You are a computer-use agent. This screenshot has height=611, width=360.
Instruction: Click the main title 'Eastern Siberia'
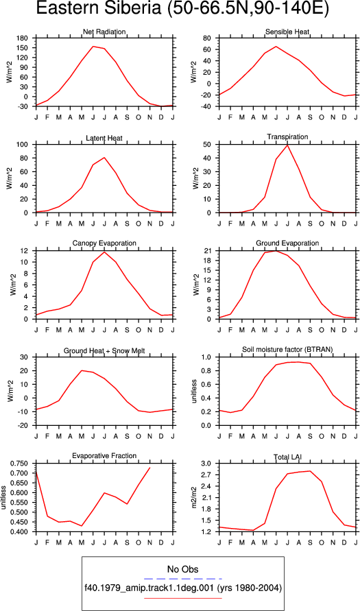pyautogui.click(x=97, y=10)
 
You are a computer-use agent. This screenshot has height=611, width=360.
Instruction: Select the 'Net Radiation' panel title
pyautogui.click(x=104, y=32)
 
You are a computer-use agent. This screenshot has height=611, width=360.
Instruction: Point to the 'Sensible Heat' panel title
pyautogui.click(x=287, y=32)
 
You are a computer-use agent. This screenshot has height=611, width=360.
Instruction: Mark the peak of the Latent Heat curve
pyautogui.click(x=104, y=158)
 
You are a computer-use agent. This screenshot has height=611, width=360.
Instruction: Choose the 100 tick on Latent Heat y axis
pyautogui.click(x=24, y=145)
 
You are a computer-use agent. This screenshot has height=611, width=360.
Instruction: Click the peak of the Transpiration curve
pyautogui.click(x=287, y=145)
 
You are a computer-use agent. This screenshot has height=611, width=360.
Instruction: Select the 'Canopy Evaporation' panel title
pyautogui.click(x=104, y=243)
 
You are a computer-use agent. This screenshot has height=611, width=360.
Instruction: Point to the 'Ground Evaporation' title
pyautogui.click(x=287, y=243)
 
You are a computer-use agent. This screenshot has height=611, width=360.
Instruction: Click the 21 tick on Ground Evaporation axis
pyautogui.click(x=208, y=251)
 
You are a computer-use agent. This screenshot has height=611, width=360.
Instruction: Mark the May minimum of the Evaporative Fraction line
pyautogui.click(x=82, y=526)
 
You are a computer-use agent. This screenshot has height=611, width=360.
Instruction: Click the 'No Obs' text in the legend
pyautogui.click(x=182, y=570)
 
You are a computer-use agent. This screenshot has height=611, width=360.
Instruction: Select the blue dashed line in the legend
pyautogui.click(x=182, y=579)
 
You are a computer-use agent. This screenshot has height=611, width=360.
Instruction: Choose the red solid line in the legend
pyautogui.click(x=182, y=598)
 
